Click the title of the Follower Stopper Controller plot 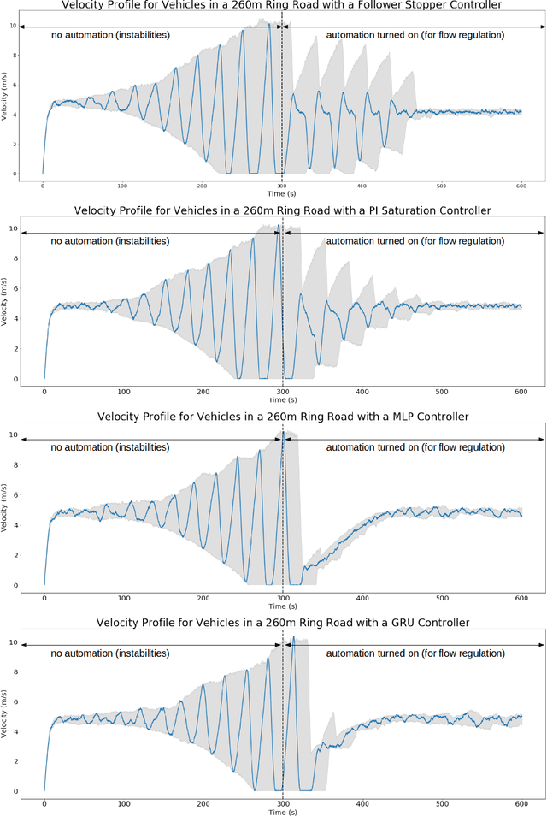(282, 6)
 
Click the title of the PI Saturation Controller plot (282, 210)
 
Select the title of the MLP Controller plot (282, 416)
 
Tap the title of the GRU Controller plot (282, 623)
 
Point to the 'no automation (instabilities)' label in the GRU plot (109, 653)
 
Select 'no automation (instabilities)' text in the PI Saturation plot (109, 241)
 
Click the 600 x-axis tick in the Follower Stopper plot (521, 186)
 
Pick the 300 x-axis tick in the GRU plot (283, 804)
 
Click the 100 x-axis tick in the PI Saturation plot (124, 391)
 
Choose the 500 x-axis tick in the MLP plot (442, 598)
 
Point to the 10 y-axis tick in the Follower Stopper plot (11, 26)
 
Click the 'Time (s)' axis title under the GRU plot (282, 813)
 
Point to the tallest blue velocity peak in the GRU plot (293, 637)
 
